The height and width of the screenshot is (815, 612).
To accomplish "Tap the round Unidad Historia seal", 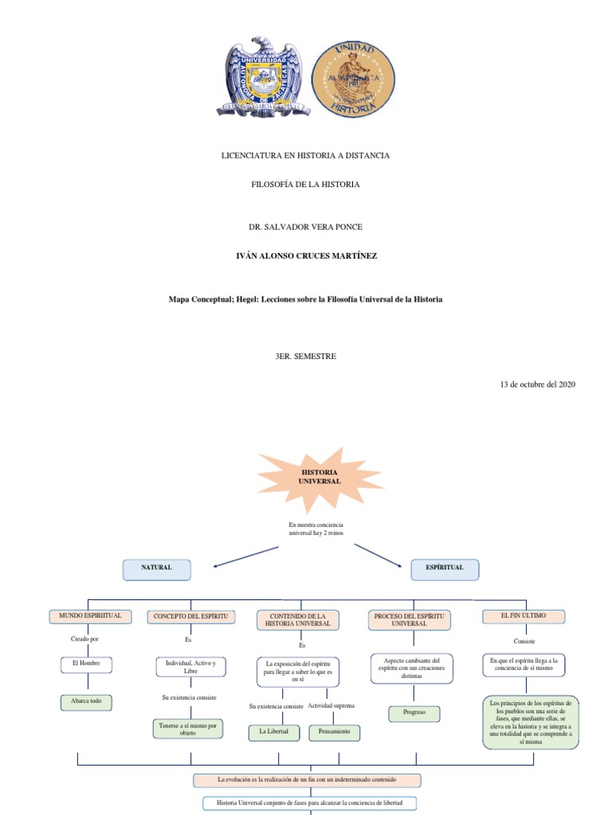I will [x=352, y=78].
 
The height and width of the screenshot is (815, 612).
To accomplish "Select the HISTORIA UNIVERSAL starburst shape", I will [x=319, y=478].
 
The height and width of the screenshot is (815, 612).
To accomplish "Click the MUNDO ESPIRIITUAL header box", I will [x=89, y=616].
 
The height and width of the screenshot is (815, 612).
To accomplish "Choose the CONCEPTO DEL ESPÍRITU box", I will [x=190, y=617].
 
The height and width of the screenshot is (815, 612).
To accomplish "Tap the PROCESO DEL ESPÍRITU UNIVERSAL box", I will [x=410, y=621].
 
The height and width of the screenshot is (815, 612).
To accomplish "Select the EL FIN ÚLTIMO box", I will [x=524, y=616].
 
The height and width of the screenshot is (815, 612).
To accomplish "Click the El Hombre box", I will [x=86, y=664].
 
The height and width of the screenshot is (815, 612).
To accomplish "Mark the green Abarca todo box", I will [x=86, y=703].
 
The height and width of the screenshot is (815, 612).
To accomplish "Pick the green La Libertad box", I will [x=274, y=731].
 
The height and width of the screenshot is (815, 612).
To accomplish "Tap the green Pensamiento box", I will [x=335, y=731].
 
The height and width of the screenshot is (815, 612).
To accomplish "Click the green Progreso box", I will [x=414, y=712].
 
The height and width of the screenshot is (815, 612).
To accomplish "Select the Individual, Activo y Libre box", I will [x=190, y=666].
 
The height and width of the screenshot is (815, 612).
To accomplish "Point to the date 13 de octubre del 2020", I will [x=537, y=384].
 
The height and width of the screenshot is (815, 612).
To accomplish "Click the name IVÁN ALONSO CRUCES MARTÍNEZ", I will [x=305, y=255].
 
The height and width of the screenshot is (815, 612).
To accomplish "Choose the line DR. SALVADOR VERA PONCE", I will [x=305, y=227].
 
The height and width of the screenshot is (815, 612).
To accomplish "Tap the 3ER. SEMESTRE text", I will [x=305, y=356].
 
